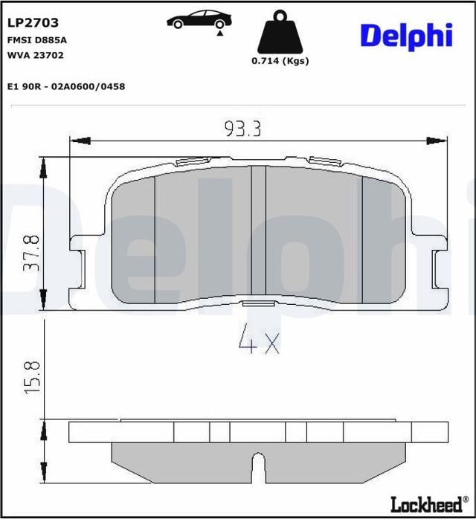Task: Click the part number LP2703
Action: pos(32,23)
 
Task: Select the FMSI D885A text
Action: pos(36,40)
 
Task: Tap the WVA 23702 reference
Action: pos(36,54)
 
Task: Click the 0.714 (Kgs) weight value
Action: pos(280,61)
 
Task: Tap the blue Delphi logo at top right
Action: pos(406,35)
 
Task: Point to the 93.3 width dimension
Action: pos(242,129)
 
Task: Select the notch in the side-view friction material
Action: pos(258,468)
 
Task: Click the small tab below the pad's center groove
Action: pos(258,303)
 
